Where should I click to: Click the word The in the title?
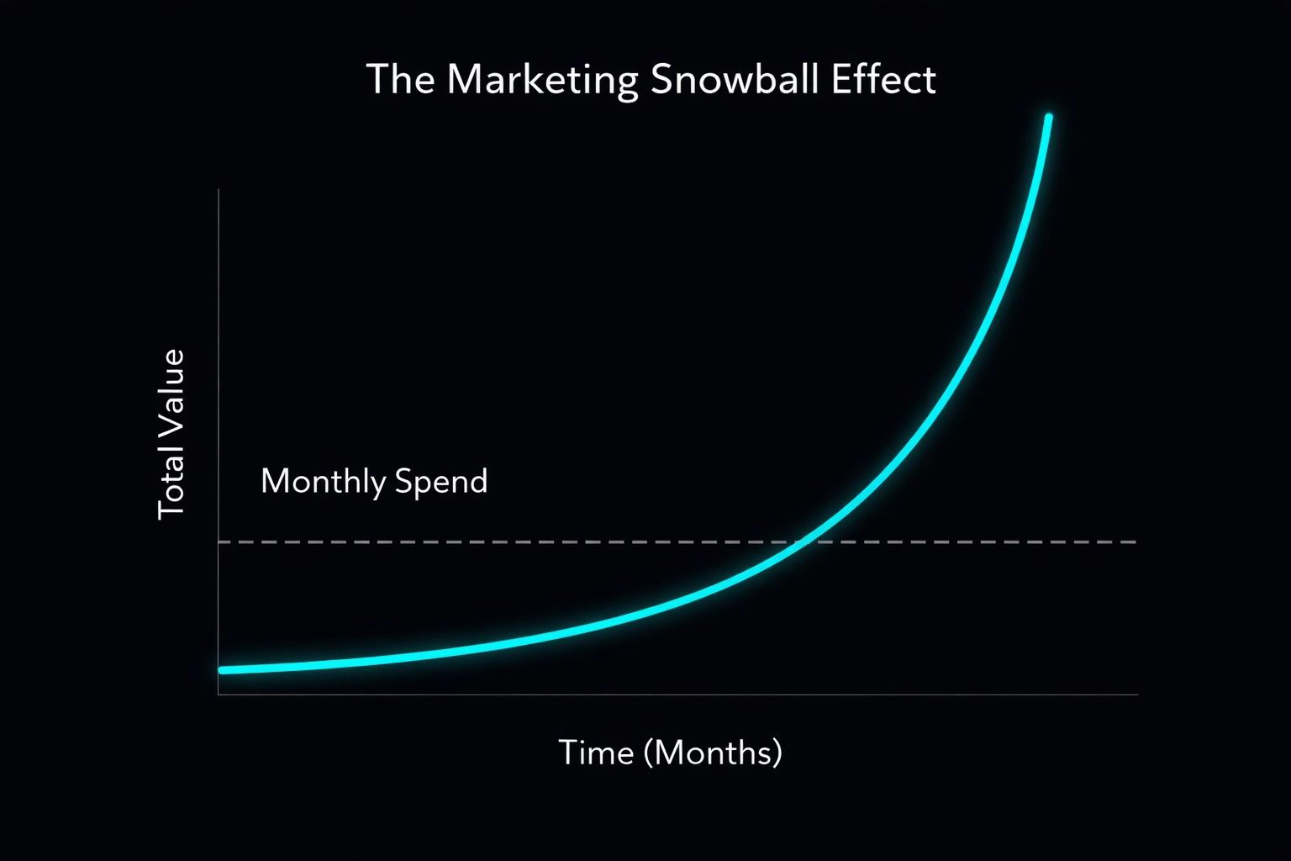coord(400,80)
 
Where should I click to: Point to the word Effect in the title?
coord(883,80)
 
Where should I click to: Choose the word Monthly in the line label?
coord(323,482)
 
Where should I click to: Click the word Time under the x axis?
coord(596,752)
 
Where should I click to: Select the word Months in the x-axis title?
coord(712,752)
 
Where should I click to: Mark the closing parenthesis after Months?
coord(777,753)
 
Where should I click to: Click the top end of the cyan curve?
coord(1048,117)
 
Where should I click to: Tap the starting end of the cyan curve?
coord(222,670)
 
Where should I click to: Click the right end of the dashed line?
coord(1136,542)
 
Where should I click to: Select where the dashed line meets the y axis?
coord(219,542)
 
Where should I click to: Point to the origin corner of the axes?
coord(219,695)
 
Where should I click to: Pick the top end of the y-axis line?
coord(219,190)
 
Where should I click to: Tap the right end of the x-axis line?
coord(1138,695)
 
